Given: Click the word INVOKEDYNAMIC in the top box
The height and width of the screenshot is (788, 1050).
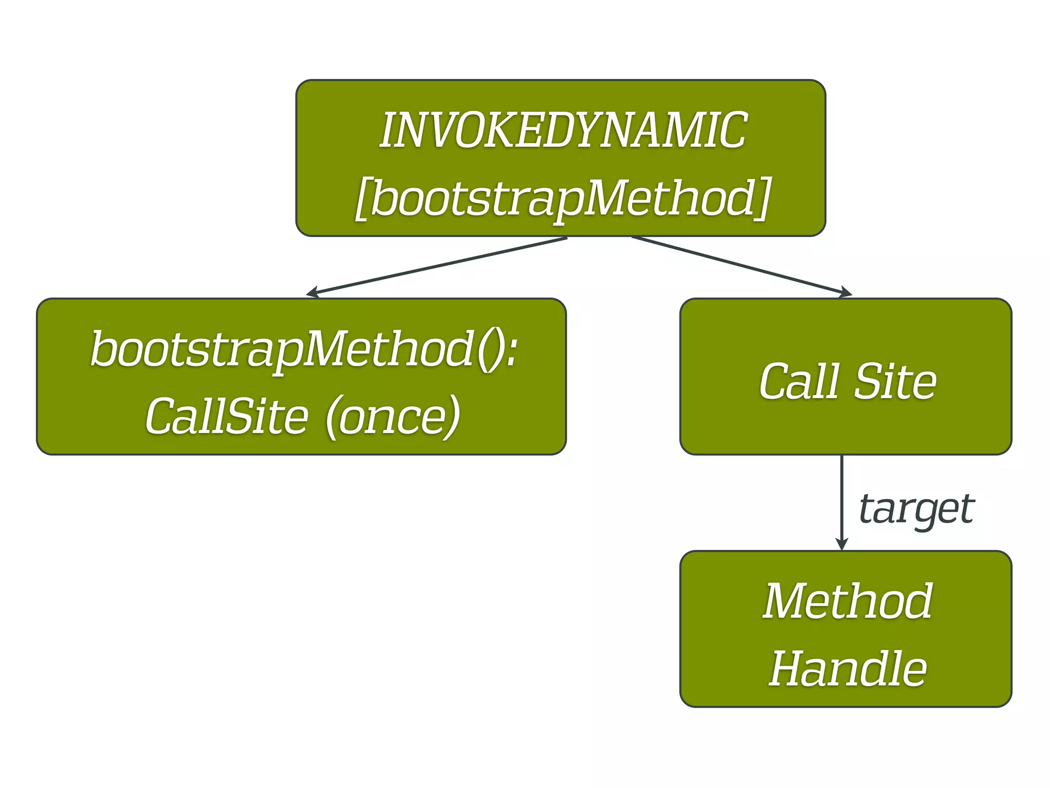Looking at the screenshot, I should click(x=562, y=131).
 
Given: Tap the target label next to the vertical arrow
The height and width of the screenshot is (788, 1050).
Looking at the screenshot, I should click(x=916, y=509).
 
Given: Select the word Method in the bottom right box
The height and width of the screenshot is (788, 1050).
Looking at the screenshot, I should click(x=847, y=601).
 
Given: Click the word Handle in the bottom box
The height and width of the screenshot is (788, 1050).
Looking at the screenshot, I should click(x=847, y=668).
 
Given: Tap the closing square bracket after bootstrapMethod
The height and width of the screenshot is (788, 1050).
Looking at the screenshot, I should click(x=763, y=199).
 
